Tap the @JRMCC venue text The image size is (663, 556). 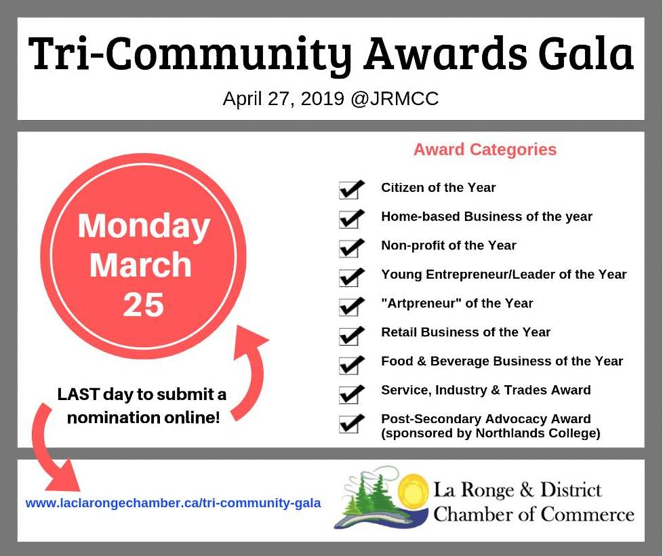(x=395, y=98)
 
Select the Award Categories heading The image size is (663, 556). (x=485, y=149)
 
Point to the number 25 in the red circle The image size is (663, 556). (x=143, y=304)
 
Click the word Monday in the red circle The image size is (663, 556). (x=144, y=227)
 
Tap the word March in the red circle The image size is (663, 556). (x=141, y=264)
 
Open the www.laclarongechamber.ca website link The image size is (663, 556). (x=173, y=503)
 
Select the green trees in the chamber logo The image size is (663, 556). (x=369, y=495)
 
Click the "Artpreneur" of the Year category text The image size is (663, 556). (x=457, y=303)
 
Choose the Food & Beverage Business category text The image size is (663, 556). (x=502, y=361)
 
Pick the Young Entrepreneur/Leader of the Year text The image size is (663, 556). (x=504, y=275)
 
